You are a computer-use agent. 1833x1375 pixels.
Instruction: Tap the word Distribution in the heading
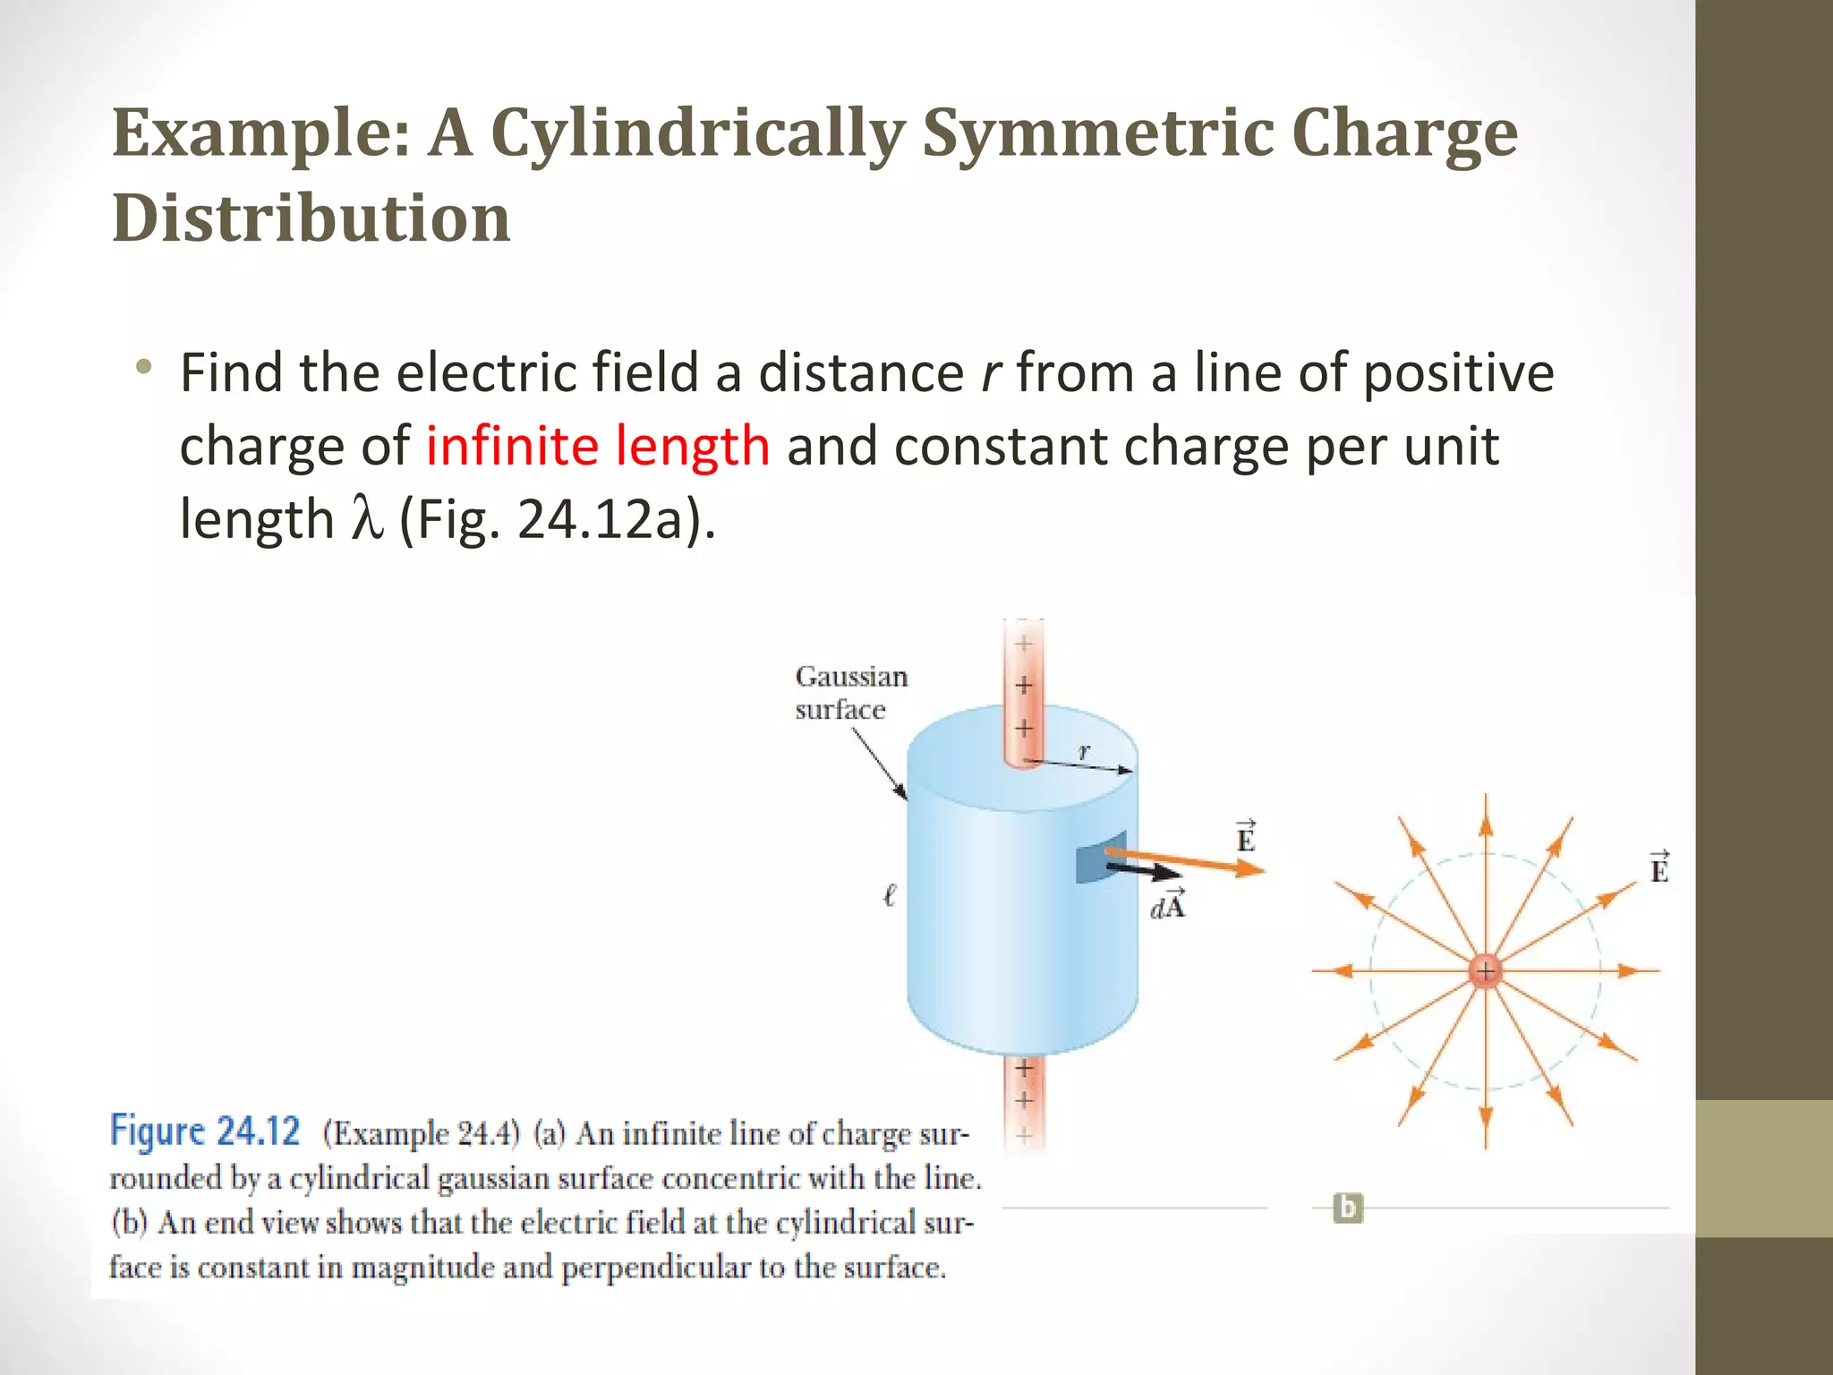311,218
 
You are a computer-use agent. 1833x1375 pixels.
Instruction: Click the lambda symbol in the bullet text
367,519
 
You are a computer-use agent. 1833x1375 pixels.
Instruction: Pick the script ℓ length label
889,894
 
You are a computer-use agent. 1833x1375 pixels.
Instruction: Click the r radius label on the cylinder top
1084,752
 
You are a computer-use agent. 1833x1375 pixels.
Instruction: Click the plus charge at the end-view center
1486,970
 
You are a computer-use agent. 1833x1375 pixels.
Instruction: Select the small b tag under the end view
1348,1208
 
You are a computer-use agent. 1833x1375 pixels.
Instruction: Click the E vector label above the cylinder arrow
1246,837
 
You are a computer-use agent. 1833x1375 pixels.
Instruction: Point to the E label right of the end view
1659,868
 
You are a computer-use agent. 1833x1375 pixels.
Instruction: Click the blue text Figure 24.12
205,1132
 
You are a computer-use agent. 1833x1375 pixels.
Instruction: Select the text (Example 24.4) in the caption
421,1134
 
